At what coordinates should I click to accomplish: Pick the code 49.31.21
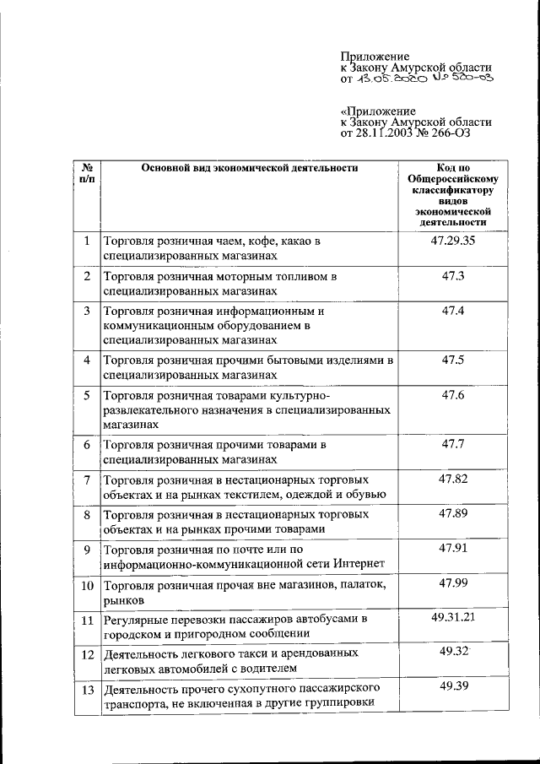[x=453, y=617]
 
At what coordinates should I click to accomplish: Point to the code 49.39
[x=453, y=686]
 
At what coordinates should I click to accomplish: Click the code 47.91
[x=453, y=548]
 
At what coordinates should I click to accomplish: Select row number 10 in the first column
[x=86, y=585]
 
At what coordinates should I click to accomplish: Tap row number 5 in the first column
[x=86, y=396]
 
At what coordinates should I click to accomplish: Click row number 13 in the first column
[x=86, y=689]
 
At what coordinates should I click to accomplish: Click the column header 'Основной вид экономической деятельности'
[x=249, y=167]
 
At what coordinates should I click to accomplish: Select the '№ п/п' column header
[x=86, y=173]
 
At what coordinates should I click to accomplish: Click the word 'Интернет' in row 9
[x=360, y=564]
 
